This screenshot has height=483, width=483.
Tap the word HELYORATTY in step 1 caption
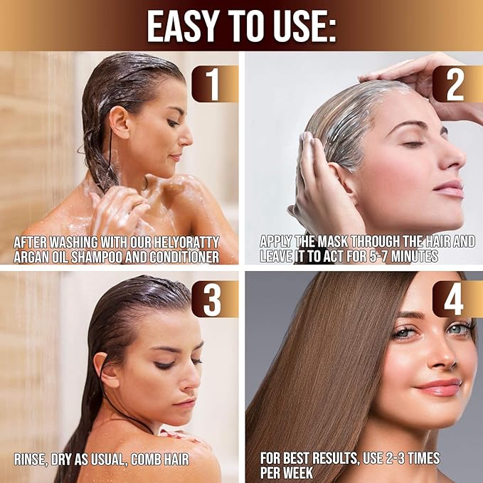tap(187, 242)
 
